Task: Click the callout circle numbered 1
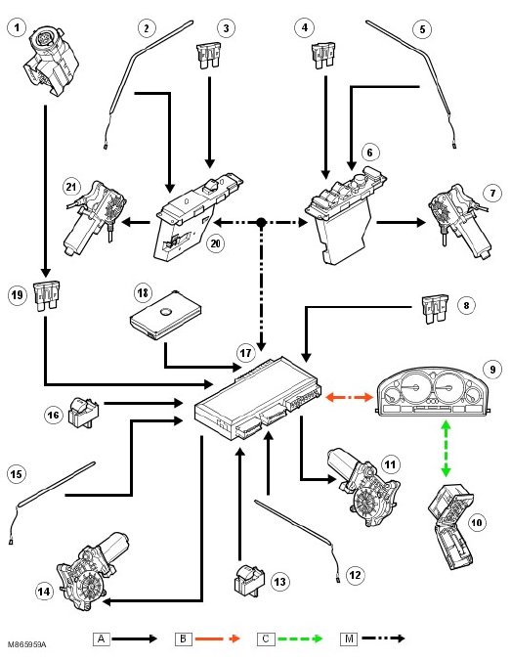tap(17, 28)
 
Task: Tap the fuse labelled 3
tap(208, 55)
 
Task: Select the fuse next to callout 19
tap(46, 296)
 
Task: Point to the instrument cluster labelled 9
tap(433, 391)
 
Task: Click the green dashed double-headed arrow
tap(446, 449)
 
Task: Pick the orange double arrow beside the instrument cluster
tap(350, 397)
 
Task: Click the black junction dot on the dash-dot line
tap(261, 222)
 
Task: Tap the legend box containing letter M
tap(349, 638)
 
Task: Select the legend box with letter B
tap(184, 638)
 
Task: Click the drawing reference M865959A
tap(27, 644)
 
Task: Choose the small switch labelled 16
tap(83, 413)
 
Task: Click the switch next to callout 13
tap(248, 581)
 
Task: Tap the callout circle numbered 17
tap(245, 352)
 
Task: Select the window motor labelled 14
tap(93, 571)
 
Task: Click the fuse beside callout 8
tap(435, 309)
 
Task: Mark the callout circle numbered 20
tap(215, 243)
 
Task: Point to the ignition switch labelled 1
tap(51, 60)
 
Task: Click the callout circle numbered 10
tap(476, 523)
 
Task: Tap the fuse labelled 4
tap(323, 55)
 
